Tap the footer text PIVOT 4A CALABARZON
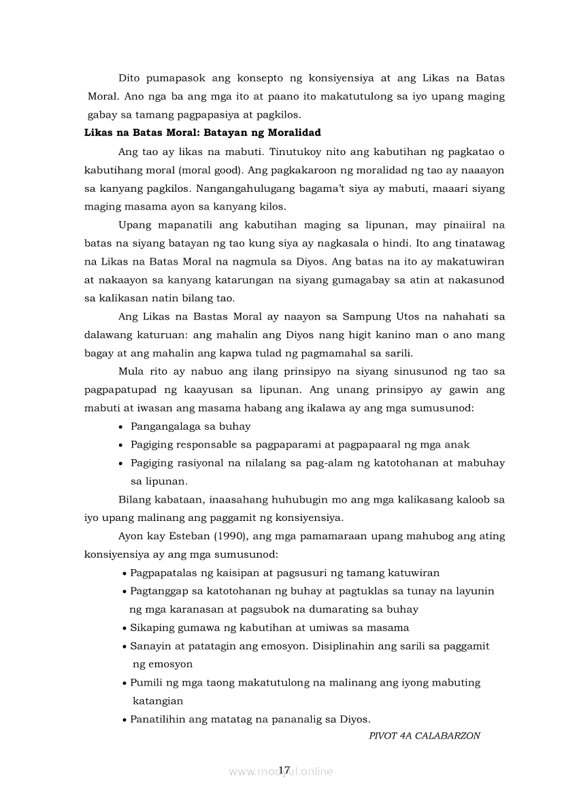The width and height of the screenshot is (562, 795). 425,735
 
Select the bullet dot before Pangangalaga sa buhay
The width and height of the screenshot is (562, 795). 121,427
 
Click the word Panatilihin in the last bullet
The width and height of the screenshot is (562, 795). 157,719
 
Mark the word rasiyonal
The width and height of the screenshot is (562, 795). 201,463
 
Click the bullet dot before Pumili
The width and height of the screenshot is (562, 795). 125,683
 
